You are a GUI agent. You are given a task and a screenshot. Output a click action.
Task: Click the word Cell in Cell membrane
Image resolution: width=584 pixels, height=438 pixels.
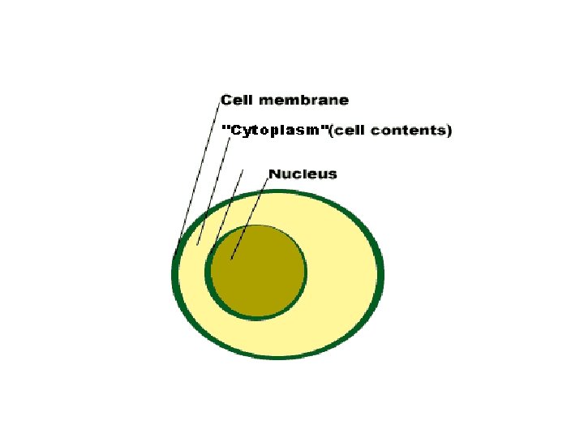(x=238, y=101)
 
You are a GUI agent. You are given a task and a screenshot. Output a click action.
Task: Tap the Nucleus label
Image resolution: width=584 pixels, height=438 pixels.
(x=302, y=174)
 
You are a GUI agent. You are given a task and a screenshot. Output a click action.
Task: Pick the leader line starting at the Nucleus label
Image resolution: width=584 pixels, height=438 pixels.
(x=251, y=215)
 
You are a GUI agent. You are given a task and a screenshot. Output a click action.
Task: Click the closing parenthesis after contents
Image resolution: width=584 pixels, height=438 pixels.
(x=449, y=130)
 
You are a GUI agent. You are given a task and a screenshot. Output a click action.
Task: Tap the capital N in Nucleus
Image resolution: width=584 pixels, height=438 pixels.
(x=274, y=174)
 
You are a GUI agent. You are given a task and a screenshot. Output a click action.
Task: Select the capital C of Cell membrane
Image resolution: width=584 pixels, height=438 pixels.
(x=226, y=101)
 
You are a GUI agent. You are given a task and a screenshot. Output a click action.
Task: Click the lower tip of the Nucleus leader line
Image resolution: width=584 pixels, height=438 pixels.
(x=232, y=260)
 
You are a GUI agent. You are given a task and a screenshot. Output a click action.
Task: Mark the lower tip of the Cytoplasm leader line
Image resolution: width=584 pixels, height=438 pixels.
(x=198, y=244)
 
